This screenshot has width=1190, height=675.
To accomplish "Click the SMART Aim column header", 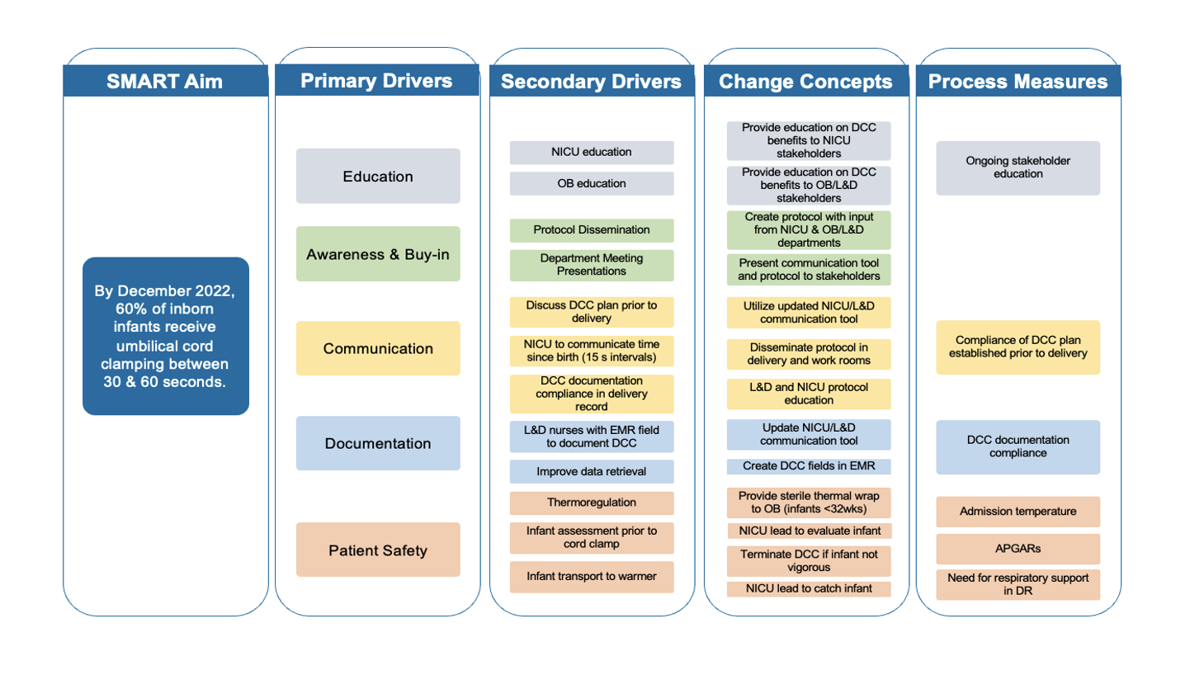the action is [x=165, y=81].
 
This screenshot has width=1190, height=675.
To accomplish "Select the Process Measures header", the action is [x=1018, y=81].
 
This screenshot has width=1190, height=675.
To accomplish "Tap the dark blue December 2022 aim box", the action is [x=166, y=336].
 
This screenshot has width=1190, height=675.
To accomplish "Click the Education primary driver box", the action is [x=378, y=177].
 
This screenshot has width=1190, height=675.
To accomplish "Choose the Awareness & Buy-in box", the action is [x=378, y=254].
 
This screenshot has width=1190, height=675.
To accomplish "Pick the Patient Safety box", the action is [x=378, y=550].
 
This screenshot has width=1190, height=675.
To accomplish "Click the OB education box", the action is [x=592, y=184].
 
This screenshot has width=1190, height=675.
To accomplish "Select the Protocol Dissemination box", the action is [x=592, y=230].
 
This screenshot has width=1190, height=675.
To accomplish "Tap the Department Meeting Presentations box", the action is [x=592, y=265].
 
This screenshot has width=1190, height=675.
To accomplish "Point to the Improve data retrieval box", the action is [x=592, y=472].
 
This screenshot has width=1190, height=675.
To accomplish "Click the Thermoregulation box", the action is [x=592, y=503].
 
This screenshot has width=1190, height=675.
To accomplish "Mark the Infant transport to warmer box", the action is [x=592, y=577].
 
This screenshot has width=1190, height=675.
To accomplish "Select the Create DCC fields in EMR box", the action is [x=809, y=466].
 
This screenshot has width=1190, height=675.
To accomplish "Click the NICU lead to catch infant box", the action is [x=809, y=589].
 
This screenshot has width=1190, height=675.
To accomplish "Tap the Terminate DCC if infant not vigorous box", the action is [x=809, y=561].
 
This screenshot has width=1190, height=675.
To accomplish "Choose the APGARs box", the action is [x=1018, y=549].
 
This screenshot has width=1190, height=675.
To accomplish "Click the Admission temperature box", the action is [x=1018, y=512].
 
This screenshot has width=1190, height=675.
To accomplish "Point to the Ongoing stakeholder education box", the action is [x=1018, y=168].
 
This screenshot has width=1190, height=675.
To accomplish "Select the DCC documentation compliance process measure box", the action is [x=1018, y=446].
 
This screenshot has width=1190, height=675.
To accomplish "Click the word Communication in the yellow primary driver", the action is [x=378, y=349].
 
